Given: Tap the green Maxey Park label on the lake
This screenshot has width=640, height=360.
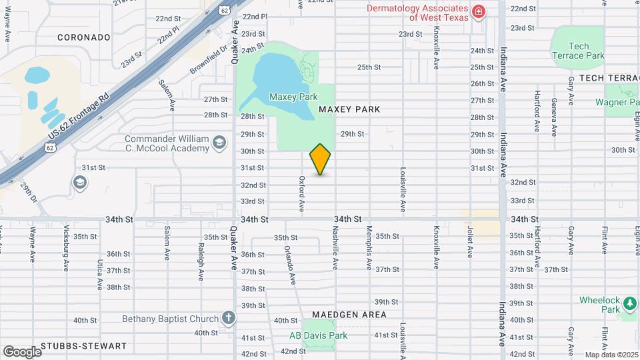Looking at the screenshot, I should [288, 97].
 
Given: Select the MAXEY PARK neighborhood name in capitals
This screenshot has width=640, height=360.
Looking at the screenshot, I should [349, 109].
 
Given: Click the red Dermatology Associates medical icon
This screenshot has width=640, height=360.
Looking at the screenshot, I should [477, 11].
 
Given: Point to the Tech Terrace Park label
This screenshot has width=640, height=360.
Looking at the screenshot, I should [577, 51].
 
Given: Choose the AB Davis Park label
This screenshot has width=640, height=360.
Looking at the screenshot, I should [318, 335].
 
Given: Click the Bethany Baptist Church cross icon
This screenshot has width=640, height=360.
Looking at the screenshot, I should [229, 317].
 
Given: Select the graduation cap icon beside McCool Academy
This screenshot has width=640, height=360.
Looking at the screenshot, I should [219, 143].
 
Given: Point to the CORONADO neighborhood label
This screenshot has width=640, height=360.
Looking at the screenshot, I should [83, 37].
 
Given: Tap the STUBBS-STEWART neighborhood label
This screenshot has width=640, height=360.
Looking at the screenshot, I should [83, 346].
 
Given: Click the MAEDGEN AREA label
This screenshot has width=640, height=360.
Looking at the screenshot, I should [349, 314].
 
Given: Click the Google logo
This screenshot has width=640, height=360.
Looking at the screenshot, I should [22, 351].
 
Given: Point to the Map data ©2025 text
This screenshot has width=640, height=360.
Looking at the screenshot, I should [611, 355].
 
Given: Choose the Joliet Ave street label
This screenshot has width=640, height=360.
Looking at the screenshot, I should [469, 241].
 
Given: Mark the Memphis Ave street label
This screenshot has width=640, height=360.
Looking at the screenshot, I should [369, 248].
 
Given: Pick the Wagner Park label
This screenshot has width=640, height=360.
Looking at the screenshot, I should [617, 102].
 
